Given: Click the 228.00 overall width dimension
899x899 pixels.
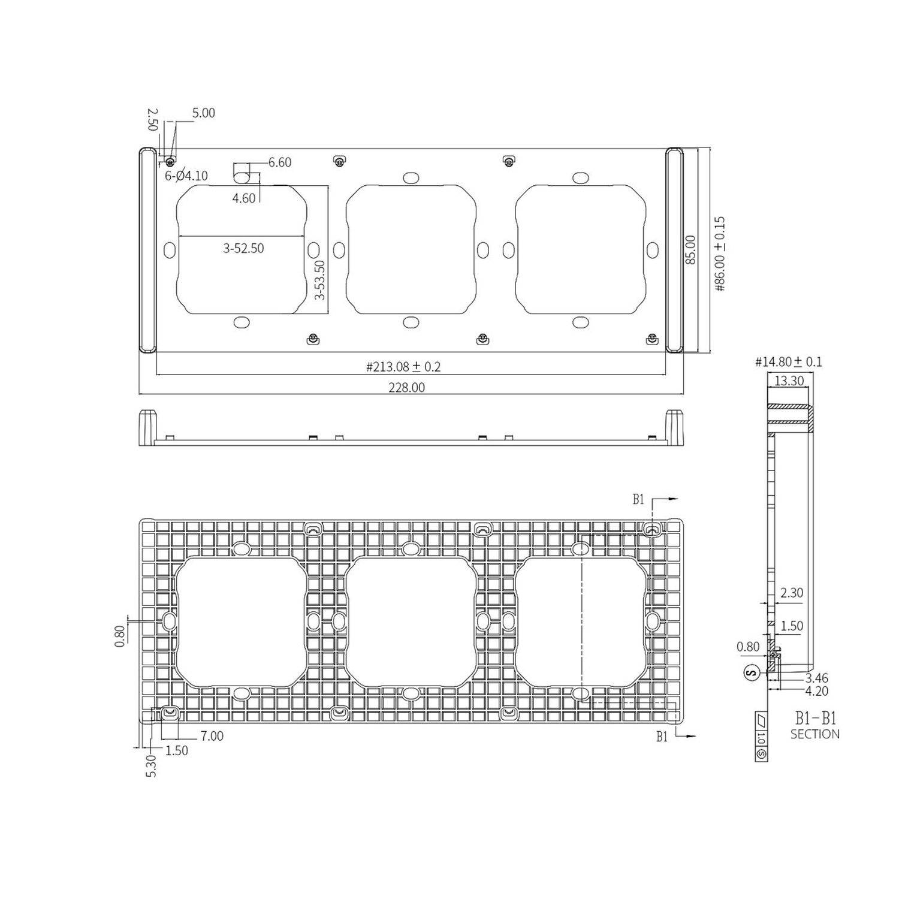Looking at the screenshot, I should pos(406,388).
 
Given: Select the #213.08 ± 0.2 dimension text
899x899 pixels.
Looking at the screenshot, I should pos(403,367).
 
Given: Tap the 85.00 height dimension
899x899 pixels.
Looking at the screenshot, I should pos(690,249).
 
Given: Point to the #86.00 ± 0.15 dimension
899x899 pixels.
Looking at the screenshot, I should pos(720,254).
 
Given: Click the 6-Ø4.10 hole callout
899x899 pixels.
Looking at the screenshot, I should pos(186,176).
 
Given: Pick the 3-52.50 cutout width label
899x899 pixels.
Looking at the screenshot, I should pos(243,248).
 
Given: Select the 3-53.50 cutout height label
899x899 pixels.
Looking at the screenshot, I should pos(319,279).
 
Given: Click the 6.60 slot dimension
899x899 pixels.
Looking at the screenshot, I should pos(279,162).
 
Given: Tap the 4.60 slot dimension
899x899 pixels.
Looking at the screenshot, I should pos(244,198).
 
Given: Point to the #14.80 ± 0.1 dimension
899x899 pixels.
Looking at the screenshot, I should pos(788,362).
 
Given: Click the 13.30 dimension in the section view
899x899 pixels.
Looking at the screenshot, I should pos(789,381).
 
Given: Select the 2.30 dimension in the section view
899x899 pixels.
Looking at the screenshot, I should pos(791,593).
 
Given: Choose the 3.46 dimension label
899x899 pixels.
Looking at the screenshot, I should pos(816,678).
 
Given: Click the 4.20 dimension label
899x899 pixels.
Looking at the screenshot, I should pos(816,691).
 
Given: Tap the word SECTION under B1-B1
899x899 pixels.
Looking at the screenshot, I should pos(814,734).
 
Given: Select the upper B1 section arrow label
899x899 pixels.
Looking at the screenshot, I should pos(638,499).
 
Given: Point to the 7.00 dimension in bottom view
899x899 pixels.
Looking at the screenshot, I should pos(212,736).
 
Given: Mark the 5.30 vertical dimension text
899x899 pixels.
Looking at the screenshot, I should pos(151,766).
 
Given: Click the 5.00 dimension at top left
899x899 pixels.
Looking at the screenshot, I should pos(203,113).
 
